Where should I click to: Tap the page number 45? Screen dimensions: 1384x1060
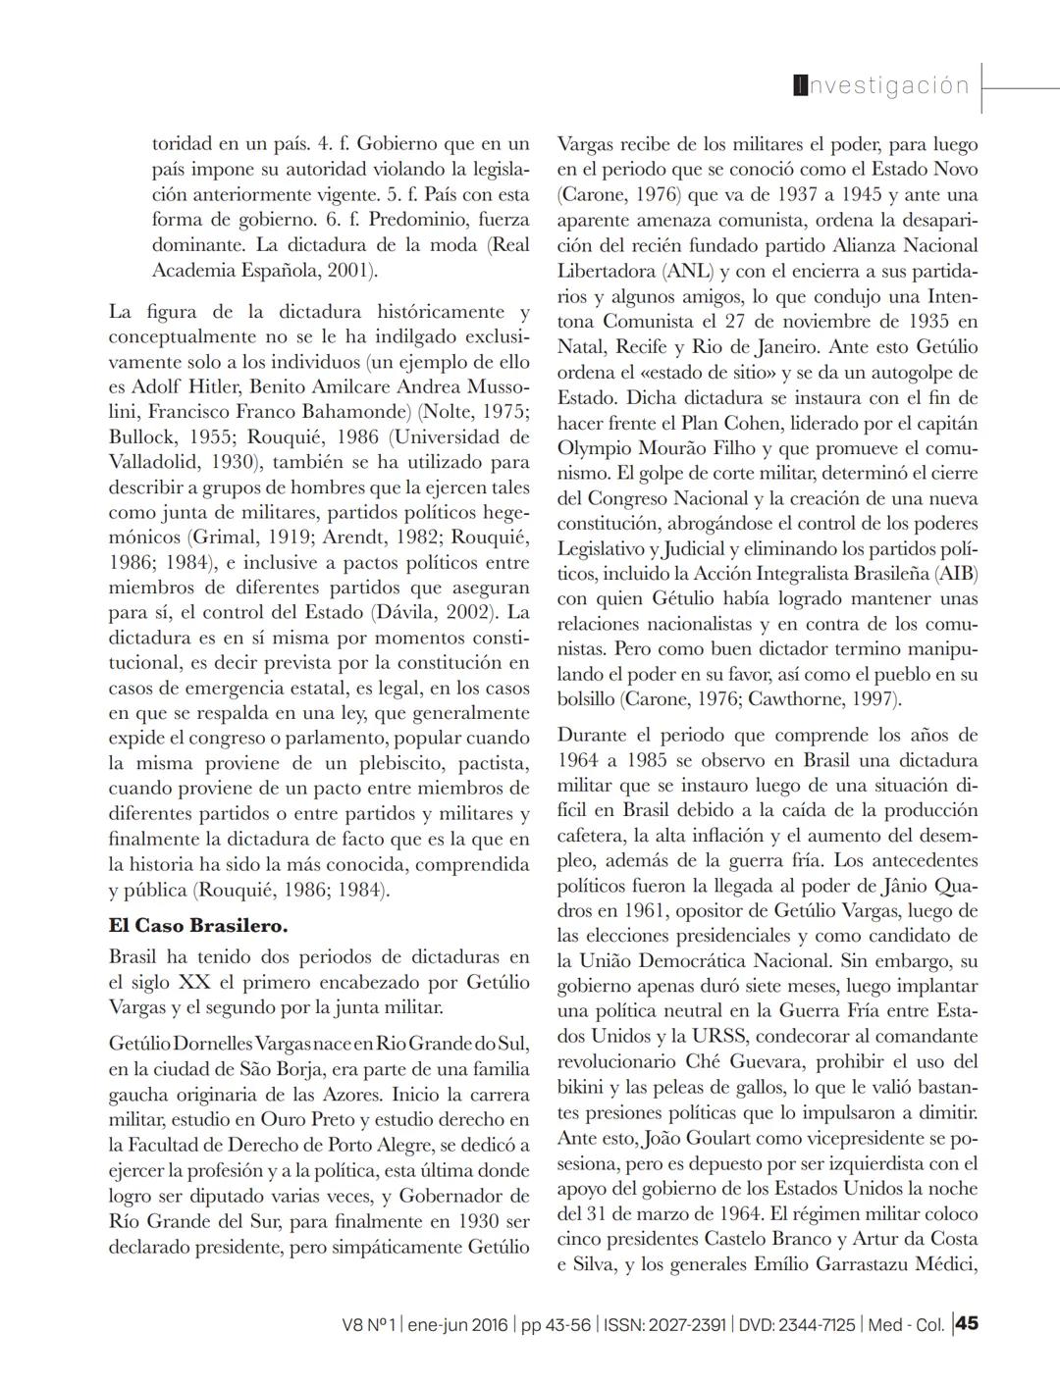(967, 1323)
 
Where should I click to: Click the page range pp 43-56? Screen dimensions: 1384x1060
(556, 1324)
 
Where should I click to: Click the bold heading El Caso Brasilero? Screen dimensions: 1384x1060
(198, 925)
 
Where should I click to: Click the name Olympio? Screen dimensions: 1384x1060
(596, 447)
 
